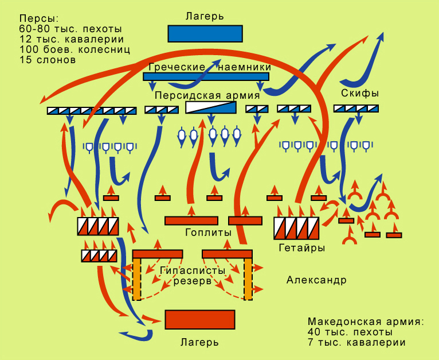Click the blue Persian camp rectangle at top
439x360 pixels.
pyautogui.click(x=205, y=33)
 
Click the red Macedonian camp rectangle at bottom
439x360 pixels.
pyautogui.click(x=200, y=320)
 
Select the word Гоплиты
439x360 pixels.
pyautogui.click(x=208, y=233)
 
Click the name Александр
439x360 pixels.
pyautogui.click(x=316, y=280)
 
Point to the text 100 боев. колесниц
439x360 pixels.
pyautogui.click(x=74, y=49)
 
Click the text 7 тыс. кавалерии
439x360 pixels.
pyautogui.click(x=356, y=343)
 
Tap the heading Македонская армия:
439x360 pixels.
pyautogui.click(x=366, y=321)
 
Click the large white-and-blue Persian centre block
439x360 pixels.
pyautogui.click(x=211, y=108)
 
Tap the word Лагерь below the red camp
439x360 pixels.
pyautogui.click(x=199, y=343)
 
